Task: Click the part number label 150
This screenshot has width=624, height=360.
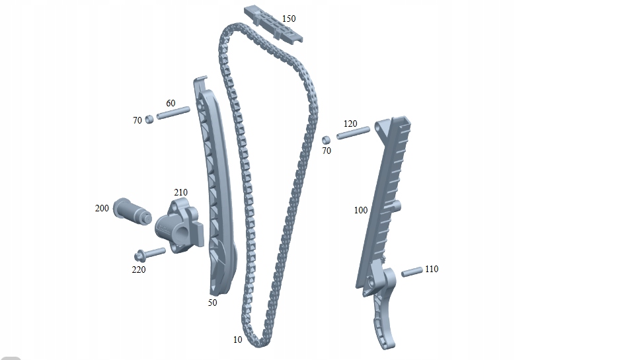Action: (x=289, y=18)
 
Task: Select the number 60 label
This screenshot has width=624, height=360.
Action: (x=171, y=104)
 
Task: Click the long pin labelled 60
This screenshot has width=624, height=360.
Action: (x=173, y=113)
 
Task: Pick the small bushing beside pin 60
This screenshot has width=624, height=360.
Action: (x=149, y=119)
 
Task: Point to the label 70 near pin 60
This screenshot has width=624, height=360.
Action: (x=137, y=120)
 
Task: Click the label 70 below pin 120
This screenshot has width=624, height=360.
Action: (x=327, y=151)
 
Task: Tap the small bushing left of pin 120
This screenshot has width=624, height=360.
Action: (x=326, y=140)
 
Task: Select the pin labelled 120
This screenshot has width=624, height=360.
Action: (x=353, y=133)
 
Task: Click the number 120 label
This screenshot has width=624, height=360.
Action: (x=350, y=124)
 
